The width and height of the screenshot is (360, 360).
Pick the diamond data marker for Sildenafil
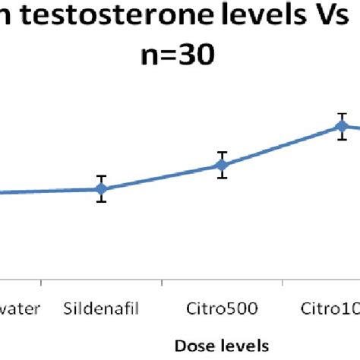point(101,188)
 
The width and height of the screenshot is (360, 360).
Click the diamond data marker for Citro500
point(222,165)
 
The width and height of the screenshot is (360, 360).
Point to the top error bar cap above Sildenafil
point(101,176)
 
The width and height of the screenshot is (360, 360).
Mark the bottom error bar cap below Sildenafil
point(101,201)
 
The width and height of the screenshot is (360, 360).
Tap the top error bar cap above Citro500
point(222,152)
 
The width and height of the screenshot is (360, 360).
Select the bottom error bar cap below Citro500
point(222,178)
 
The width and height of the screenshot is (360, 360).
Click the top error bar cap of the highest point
point(343,114)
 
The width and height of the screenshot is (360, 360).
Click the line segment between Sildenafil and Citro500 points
point(161,177)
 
